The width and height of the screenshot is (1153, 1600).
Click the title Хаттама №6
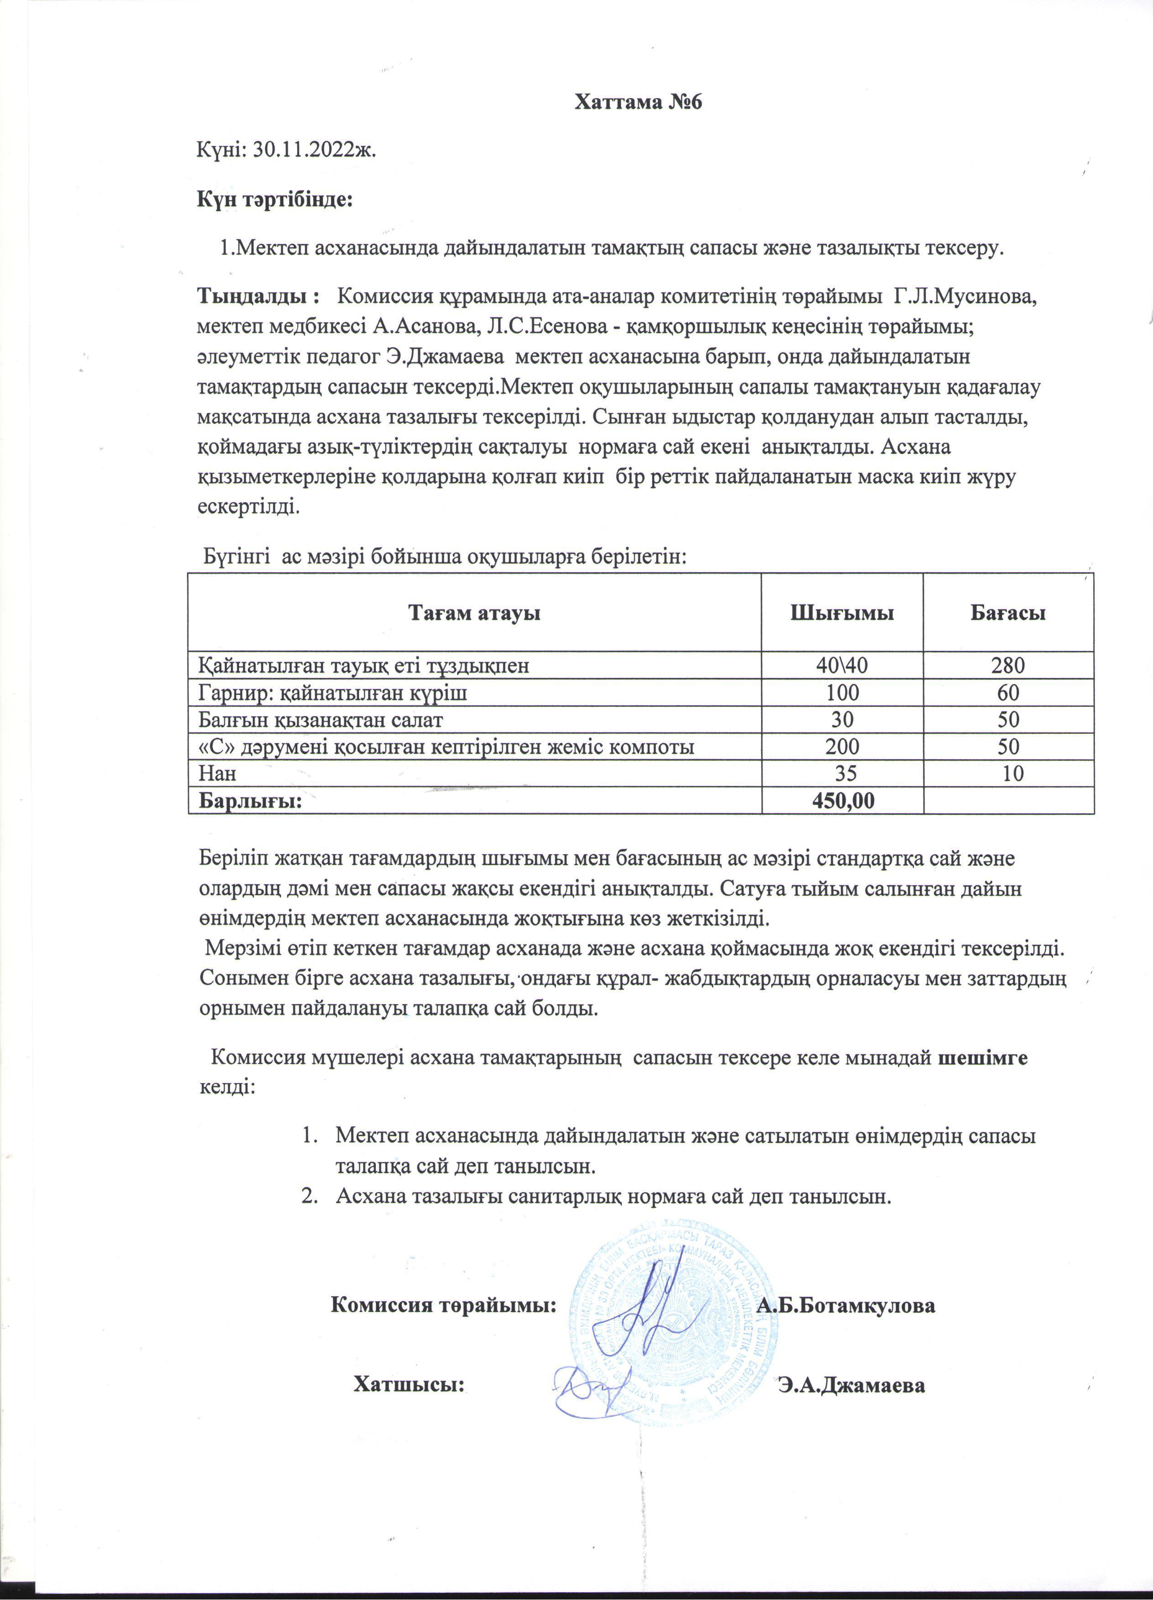click(x=639, y=102)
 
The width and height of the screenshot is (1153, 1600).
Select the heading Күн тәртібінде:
click(x=274, y=200)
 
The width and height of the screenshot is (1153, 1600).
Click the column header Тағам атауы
click(x=474, y=612)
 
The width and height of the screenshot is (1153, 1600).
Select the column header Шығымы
click(x=841, y=612)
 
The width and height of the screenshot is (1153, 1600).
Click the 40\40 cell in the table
click(x=842, y=665)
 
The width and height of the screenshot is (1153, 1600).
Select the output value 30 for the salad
click(x=842, y=719)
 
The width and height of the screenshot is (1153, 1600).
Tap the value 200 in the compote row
click(x=842, y=745)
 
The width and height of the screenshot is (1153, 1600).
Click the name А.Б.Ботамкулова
click(x=846, y=1304)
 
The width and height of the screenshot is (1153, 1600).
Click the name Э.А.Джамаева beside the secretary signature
click(x=851, y=1385)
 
